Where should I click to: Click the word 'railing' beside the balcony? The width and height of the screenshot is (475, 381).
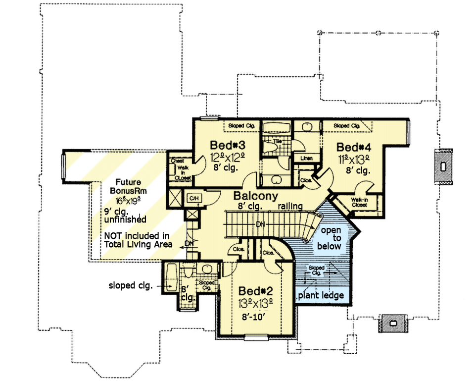pos(290,205)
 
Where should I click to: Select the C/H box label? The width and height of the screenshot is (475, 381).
pos(193,198)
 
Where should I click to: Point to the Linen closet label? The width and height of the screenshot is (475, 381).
pos(306,158)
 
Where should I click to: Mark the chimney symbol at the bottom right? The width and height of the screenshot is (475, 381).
pos(393,323)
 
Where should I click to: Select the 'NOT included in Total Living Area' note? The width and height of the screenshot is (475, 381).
pos(138,240)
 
